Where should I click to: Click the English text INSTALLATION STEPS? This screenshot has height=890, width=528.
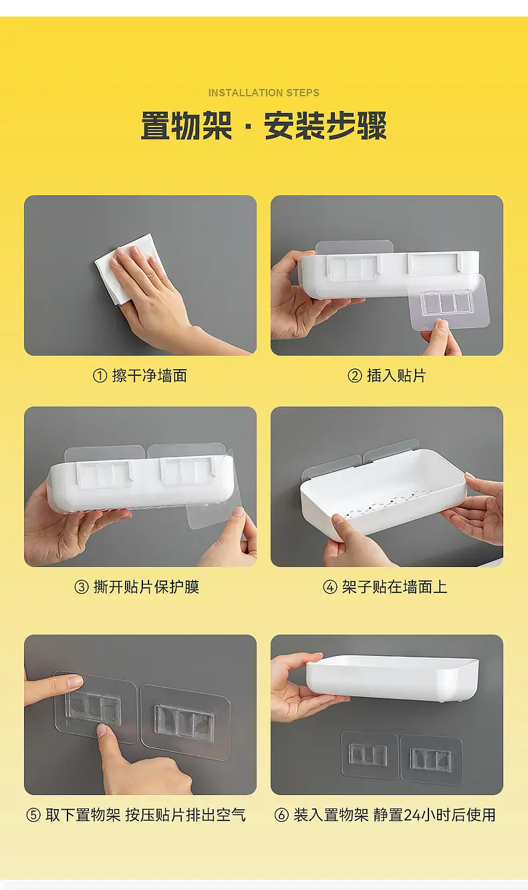pos(263,92)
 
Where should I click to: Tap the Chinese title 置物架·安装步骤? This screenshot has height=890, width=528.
pos(263,126)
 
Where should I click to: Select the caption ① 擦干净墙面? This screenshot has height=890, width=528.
pos(140,376)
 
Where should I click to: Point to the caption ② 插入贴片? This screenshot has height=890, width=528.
pos(387,376)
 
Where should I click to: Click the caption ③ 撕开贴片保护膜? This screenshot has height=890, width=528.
pos(136,587)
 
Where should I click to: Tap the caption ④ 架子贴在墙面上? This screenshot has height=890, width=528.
pos(385,587)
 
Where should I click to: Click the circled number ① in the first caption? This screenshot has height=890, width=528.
pos(100,376)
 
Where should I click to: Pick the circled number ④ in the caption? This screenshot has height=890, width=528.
pos(330,587)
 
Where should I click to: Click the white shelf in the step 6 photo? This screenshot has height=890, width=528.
pos(392,677)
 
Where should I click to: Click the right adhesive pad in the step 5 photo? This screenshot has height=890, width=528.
pos(185,722)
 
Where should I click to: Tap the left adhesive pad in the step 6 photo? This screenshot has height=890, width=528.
pos(369,755)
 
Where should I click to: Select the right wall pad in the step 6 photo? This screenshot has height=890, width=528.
pos(431,760)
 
